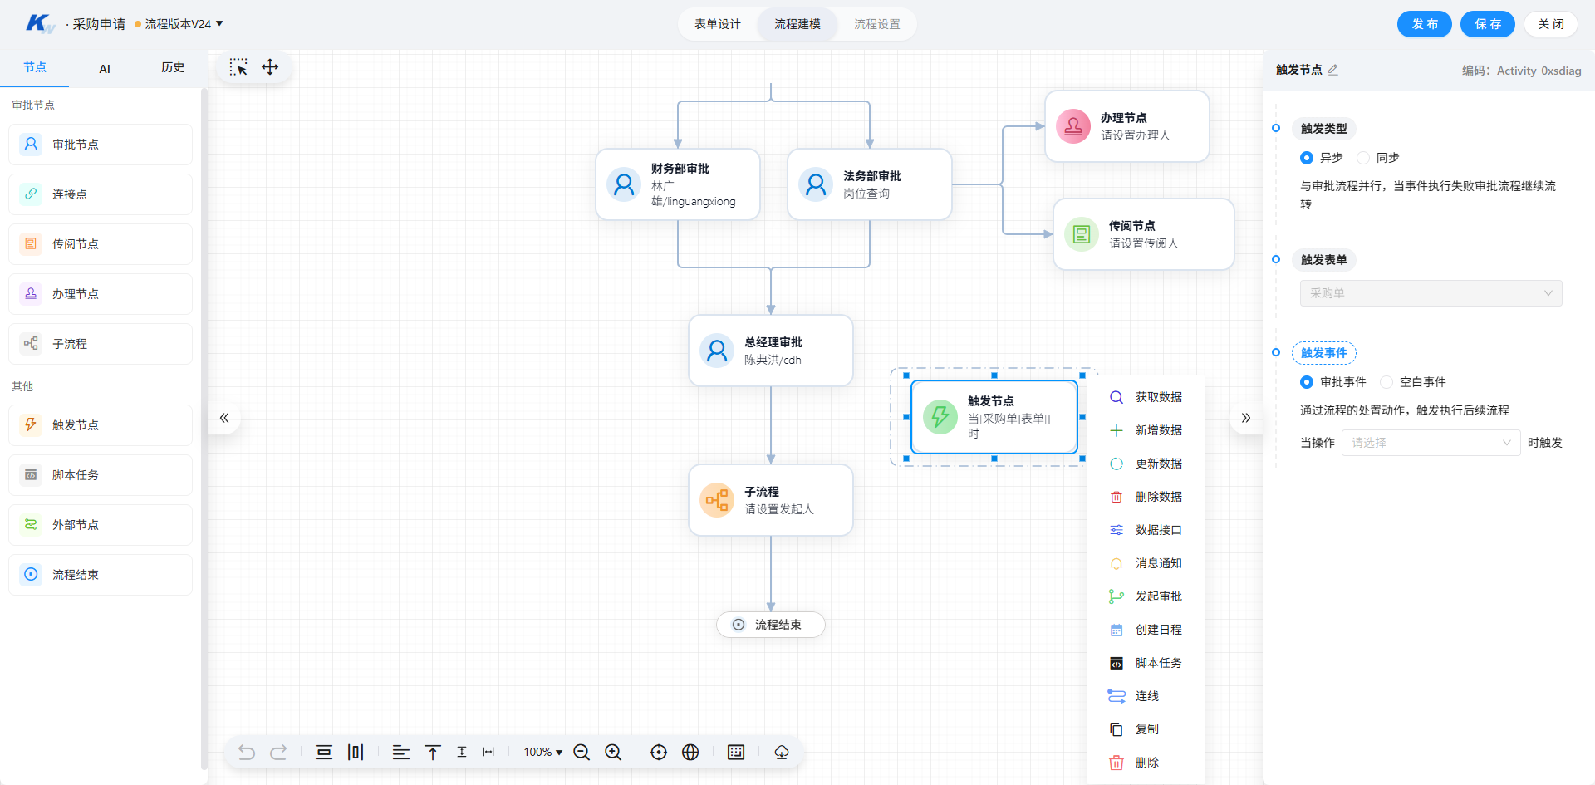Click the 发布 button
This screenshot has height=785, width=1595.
1424,24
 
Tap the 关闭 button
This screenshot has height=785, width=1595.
1550,24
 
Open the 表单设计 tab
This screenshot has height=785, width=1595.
718,24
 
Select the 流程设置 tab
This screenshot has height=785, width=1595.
877,24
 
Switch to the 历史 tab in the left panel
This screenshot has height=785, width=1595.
173,67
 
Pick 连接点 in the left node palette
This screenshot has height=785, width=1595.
101,194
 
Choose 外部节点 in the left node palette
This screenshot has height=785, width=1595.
101,525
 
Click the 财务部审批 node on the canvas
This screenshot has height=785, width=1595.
678,184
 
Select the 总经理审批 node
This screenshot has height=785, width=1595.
771,351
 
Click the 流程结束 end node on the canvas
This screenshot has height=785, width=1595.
771,625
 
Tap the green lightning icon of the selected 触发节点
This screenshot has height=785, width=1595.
940,416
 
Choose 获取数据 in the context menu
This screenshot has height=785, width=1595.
1146,397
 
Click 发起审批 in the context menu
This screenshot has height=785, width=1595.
1146,596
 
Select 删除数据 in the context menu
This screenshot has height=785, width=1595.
1146,497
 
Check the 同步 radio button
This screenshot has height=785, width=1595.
1363,158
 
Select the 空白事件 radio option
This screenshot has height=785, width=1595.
1386,382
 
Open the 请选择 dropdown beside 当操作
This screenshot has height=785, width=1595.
1431,443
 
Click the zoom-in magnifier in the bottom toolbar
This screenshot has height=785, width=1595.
613,752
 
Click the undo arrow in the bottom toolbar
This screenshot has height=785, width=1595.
247,752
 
